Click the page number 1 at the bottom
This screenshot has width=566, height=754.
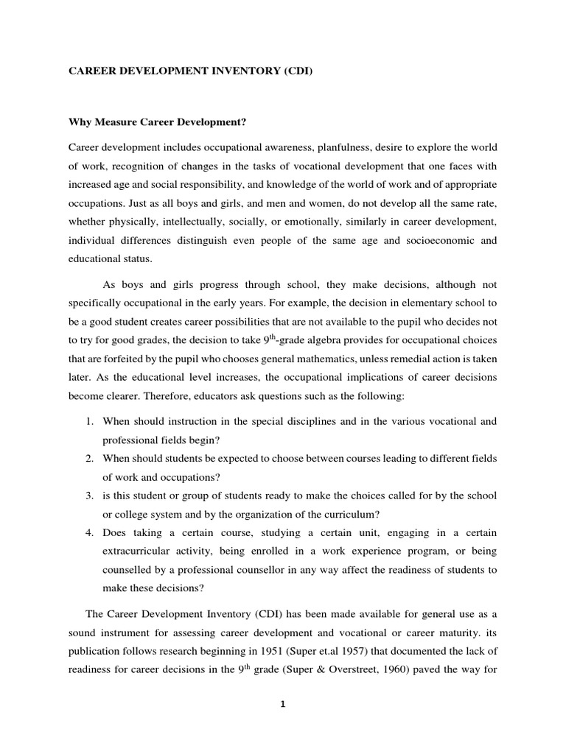(x=282, y=705)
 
